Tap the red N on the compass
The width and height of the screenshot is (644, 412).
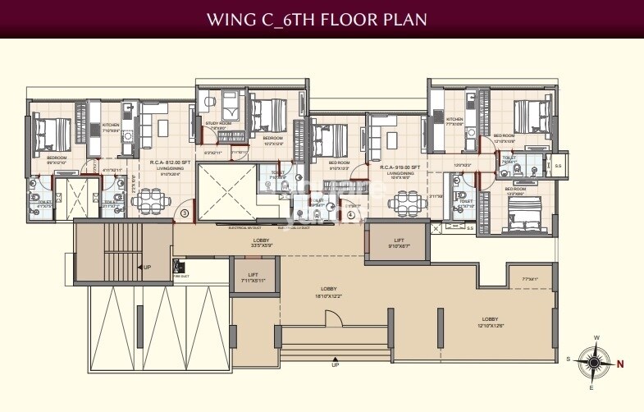coord(620,364)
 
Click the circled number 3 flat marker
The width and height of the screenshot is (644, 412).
coord(185,213)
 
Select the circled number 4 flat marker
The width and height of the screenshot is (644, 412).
coord(351,214)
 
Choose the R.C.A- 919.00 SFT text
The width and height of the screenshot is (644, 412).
coord(400,167)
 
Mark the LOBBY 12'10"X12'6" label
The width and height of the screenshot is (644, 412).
coord(491,321)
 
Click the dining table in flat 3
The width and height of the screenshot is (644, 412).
coord(151,200)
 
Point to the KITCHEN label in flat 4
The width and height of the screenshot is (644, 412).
coord(454,120)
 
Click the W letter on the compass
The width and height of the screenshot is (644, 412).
coord(596,338)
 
